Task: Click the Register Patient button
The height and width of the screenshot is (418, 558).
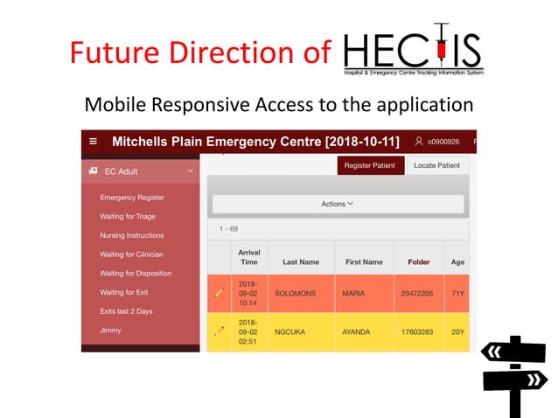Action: pos(370,165)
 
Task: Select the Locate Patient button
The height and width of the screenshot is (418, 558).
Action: pos(436,165)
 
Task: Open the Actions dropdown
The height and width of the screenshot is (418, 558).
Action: pos(337,204)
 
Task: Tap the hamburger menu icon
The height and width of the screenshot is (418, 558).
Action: pos(93,142)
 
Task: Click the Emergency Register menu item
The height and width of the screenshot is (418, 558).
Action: pos(132,198)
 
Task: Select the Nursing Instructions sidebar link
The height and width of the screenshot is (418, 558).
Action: pos(132,235)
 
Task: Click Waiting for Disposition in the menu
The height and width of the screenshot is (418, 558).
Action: pos(136,274)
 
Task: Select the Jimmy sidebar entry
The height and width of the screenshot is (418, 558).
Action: pos(110,331)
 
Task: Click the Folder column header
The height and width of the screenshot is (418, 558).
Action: pos(419,261)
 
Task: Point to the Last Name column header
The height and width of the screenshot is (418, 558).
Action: pos(300,261)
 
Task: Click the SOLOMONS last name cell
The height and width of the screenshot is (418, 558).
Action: pos(298,294)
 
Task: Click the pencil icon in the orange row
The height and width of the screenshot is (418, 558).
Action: pos(220,293)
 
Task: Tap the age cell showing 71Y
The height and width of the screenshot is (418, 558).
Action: pos(457,294)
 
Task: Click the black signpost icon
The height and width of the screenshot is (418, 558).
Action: pos(514,374)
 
